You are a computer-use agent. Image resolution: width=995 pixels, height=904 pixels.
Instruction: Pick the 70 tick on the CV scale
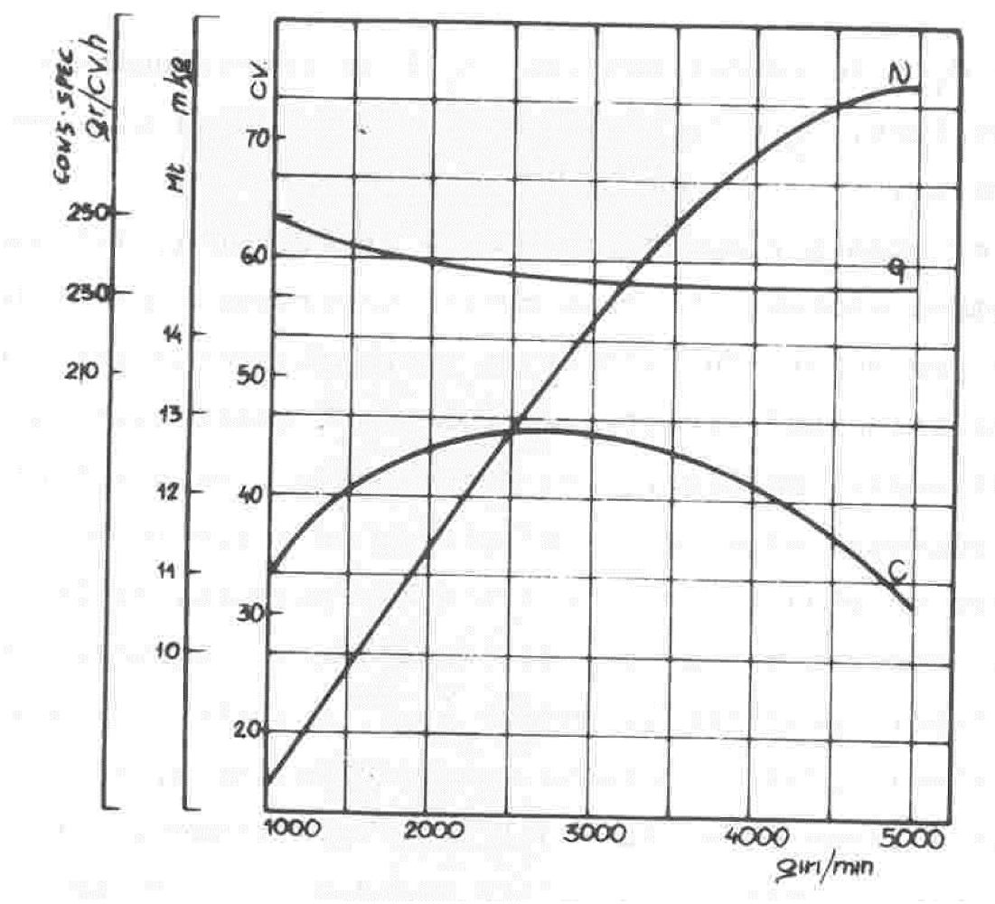point(248,138)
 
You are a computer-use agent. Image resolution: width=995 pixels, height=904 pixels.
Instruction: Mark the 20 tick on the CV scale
point(248,730)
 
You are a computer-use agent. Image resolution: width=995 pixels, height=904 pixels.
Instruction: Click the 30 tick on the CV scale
point(248,612)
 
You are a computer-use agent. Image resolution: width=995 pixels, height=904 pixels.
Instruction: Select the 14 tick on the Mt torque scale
point(172,334)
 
